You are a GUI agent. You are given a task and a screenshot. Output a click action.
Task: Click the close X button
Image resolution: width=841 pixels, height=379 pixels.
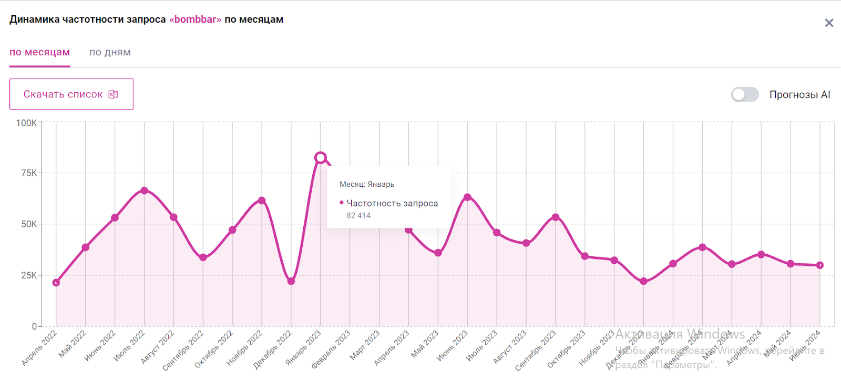tap(829, 23)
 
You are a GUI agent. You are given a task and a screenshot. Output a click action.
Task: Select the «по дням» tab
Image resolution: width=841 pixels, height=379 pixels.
tap(110, 52)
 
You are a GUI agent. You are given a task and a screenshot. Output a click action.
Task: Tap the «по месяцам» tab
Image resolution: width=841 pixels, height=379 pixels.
tap(39, 52)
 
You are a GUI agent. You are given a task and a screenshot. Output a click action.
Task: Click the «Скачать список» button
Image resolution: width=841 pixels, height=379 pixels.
tap(71, 94)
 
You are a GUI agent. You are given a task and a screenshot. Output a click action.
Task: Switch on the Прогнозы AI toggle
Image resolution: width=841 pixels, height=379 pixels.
tap(744, 94)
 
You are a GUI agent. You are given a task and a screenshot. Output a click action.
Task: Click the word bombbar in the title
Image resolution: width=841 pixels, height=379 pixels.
tap(195, 19)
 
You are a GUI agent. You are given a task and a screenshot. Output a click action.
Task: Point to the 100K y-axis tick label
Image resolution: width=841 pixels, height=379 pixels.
tap(26, 123)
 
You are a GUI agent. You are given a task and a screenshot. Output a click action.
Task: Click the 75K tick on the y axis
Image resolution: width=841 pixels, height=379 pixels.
tap(29, 173)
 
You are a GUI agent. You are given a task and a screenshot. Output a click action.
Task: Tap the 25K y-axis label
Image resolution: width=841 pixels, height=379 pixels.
tap(29, 275)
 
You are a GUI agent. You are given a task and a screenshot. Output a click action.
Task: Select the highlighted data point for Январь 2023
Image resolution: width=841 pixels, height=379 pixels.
tap(321, 157)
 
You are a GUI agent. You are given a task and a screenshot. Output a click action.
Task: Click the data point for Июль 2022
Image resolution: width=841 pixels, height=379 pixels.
tap(145, 191)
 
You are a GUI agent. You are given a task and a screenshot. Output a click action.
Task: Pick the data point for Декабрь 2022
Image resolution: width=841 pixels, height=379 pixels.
tap(291, 281)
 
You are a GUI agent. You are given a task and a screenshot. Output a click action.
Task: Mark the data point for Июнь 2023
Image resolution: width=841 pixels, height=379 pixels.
tap(467, 197)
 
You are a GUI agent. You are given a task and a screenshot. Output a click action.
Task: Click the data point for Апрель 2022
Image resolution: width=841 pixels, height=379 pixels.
tap(56, 283)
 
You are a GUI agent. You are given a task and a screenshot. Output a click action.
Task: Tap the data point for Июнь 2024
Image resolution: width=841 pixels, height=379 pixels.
tap(820, 265)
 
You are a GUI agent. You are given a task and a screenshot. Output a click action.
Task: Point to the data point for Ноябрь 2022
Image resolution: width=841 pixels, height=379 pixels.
tap(262, 201)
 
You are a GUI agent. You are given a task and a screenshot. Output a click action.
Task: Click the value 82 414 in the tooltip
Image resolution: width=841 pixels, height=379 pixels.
tap(358, 215)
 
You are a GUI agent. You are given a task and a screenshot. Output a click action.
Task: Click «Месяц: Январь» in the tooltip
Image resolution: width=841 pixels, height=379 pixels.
tap(367, 184)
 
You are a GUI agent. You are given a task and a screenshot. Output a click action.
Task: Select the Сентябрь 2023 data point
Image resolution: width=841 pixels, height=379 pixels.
tap(556, 217)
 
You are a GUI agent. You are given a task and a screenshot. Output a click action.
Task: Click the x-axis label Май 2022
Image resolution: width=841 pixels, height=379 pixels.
tap(73, 344)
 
